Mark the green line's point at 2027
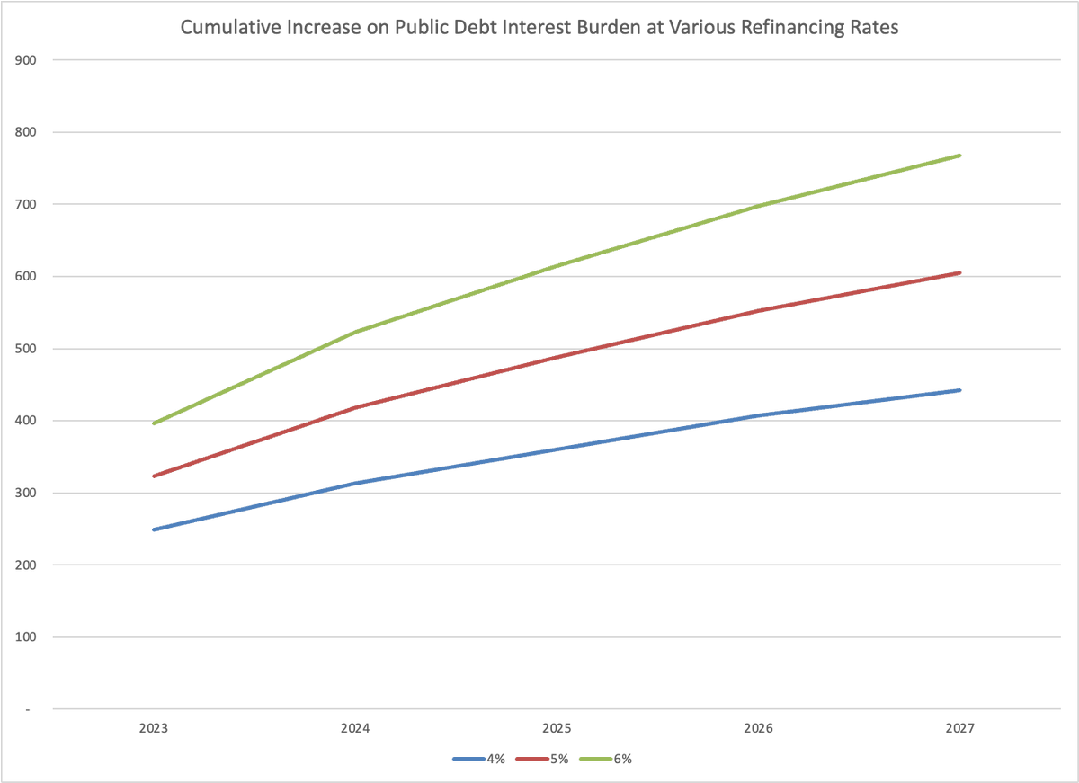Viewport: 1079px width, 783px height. coord(960,156)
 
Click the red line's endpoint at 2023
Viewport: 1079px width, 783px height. coord(154,476)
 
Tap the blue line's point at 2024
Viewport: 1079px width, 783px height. coord(356,483)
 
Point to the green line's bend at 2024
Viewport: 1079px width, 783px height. coord(356,332)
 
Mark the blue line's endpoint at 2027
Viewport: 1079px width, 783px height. coord(960,390)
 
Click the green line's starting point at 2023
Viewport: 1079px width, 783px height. coord(154,423)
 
